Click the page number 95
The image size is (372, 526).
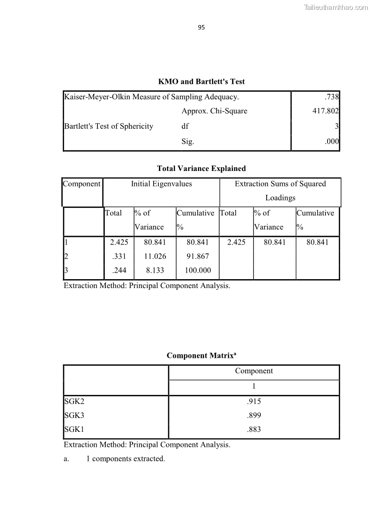point(201,27)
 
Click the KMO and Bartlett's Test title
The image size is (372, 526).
point(201,81)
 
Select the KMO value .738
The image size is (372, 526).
point(332,97)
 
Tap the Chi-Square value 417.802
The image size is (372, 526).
point(326,111)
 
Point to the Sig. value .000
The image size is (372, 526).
point(332,141)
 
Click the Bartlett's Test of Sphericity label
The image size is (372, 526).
point(109,126)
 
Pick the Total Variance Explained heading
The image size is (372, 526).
point(201,168)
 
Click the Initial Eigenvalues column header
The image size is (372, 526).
point(161,184)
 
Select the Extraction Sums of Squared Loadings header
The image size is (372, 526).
point(280,191)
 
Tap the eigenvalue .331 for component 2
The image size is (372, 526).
point(119,256)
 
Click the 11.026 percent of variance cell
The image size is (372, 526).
point(155,256)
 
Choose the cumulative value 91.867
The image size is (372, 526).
point(197,256)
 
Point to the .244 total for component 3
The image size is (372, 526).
point(119,270)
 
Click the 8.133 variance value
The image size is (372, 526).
point(155,270)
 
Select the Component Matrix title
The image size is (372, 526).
point(201,356)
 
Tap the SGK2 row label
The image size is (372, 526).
point(74,401)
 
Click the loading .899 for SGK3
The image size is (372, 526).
point(253,415)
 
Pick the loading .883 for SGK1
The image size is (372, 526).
point(253,430)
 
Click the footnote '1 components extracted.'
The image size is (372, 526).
point(126,459)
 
